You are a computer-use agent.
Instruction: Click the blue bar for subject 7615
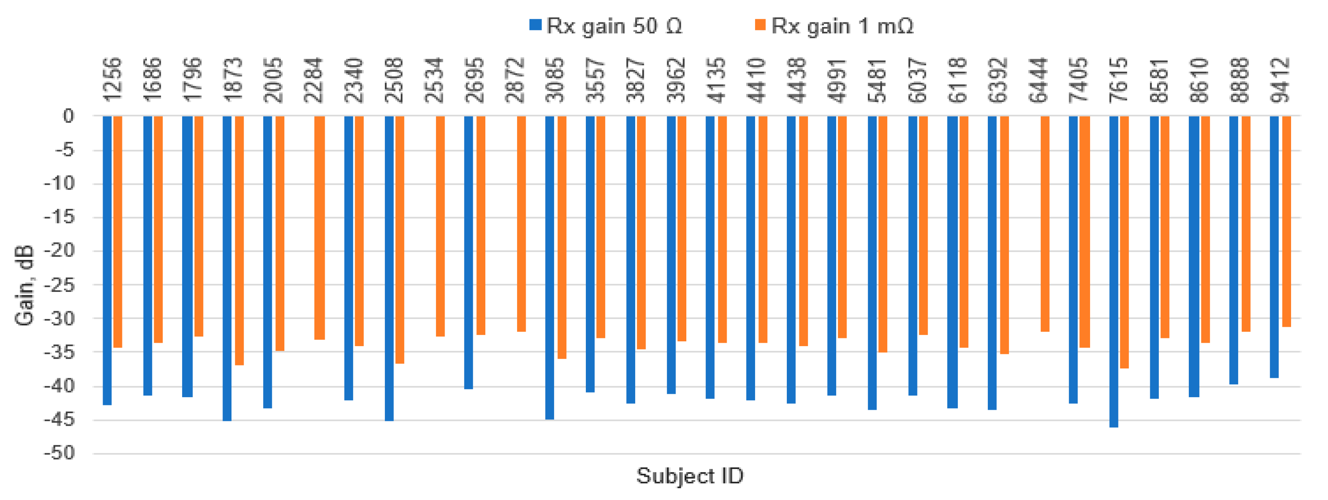click(1114, 271)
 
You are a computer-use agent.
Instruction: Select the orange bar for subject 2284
click(320, 227)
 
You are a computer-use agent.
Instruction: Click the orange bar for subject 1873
click(239, 240)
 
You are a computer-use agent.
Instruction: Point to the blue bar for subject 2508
click(389, 268)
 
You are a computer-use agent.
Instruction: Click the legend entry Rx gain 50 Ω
click(605, 26)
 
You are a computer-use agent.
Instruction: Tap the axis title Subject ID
click(690, 476)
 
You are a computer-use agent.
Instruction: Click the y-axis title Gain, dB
click(24, 285)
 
